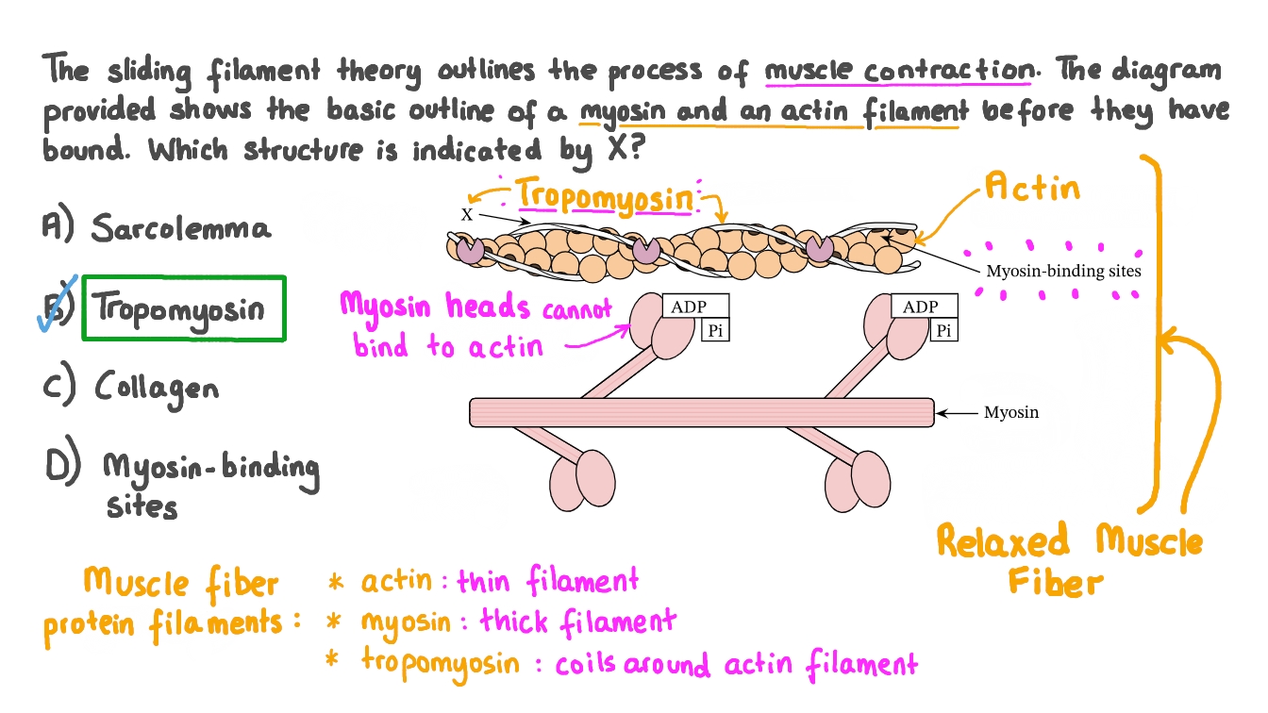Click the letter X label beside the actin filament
click(x=466, y=215)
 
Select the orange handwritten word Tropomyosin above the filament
click(x=605, y=194)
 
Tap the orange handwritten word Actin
click(x=1031, y=189)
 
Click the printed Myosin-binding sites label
click(x=1063, y=271)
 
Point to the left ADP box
click(x=695, y=307)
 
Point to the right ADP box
click(x=925, y=307)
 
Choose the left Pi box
click(x=714, y=330)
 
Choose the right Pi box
click(x=943, y=330)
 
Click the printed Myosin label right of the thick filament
click(x=1010, y=412)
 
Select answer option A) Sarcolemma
click(x=158, y=227)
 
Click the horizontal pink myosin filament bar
click(x=701, y=412)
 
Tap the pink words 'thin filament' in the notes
click(x=547, y=582)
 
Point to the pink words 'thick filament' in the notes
click(x=577, y=622)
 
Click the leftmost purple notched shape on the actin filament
click(x=470, y=250)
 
